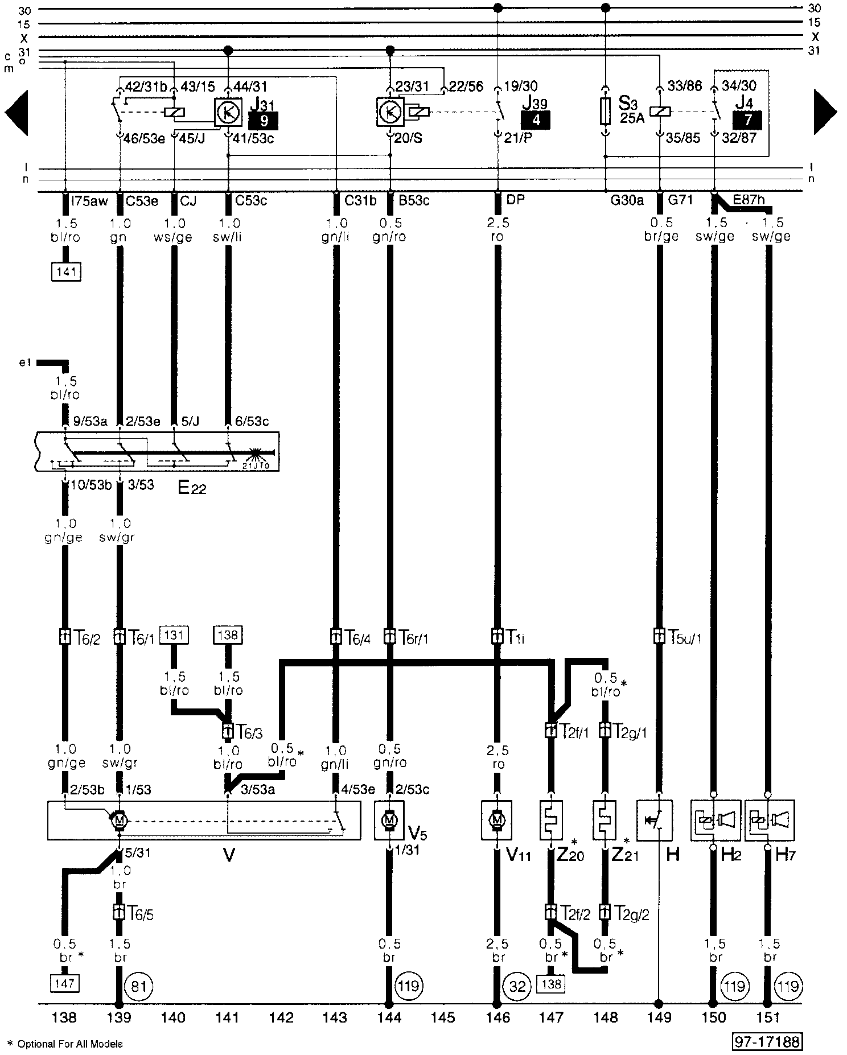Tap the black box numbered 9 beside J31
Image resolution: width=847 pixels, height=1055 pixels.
click(263, 121)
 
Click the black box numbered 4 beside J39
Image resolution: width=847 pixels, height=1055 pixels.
click(536, 120)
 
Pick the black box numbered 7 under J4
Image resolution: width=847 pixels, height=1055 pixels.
click(747, 119)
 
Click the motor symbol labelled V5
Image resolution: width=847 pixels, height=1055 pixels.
click(389, 820)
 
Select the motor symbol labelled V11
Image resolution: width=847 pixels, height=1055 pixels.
click(497, 820)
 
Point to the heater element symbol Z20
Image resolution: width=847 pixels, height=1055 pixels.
click(550, 820)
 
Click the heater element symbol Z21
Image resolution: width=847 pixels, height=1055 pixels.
click(605, 820)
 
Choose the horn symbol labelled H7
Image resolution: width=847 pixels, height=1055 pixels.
click(768, 820)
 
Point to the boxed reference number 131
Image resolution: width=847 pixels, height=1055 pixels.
click(173, 634)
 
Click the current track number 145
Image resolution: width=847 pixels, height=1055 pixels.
click(443, 1017)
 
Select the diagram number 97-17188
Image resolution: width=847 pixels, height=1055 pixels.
click(767, 1042)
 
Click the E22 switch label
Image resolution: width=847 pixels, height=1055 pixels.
click(192, 488)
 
